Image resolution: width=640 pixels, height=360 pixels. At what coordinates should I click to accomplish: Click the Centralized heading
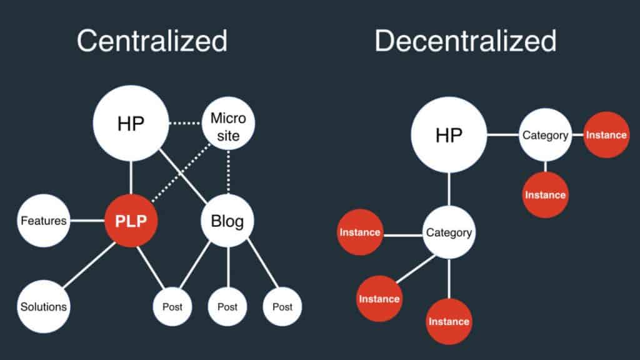(152, 41)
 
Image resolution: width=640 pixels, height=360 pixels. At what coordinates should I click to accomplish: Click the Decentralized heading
(465, 41)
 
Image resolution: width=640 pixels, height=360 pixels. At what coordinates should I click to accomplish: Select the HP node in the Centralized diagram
(131, 123)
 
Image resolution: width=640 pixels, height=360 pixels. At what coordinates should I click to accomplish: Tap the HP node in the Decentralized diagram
(449, 135)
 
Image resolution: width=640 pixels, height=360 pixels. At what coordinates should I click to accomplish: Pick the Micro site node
(228, 123)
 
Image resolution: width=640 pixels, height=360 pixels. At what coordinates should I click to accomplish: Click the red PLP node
(131, 221)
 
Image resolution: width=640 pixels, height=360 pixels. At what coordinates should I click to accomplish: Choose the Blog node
(227, 221)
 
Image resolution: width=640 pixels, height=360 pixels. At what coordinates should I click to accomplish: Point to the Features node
(44, 221)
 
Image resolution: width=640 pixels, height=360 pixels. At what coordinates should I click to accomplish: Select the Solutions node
(44, 306)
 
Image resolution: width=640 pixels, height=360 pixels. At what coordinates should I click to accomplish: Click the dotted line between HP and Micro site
(186, 123)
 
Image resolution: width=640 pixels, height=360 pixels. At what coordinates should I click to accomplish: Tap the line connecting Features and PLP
(87, 221)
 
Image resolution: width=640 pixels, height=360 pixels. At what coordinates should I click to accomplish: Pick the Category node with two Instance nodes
(545, 135)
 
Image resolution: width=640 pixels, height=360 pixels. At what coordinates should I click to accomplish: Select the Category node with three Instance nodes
(449, 232)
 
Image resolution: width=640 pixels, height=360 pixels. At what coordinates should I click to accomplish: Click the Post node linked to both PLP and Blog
(172, 306)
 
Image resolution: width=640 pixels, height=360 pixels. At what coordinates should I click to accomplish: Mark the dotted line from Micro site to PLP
(181, 172)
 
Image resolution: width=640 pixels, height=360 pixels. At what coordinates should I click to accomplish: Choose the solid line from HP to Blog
(183, 176)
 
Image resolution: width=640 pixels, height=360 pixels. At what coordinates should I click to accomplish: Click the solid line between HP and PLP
(131, 177)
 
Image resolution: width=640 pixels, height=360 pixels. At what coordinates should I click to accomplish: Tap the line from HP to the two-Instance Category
(503, 135)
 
